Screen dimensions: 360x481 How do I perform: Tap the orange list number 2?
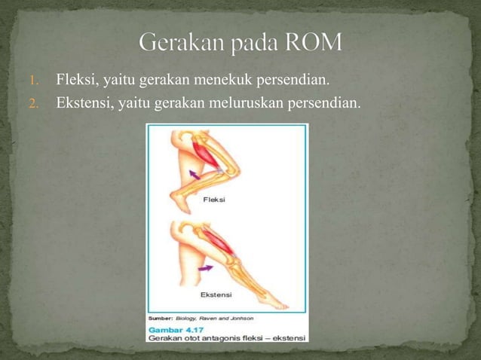coord(33,102)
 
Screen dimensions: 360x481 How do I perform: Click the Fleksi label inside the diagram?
coord(215,200)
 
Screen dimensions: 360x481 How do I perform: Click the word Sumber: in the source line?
coord(161,319)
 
